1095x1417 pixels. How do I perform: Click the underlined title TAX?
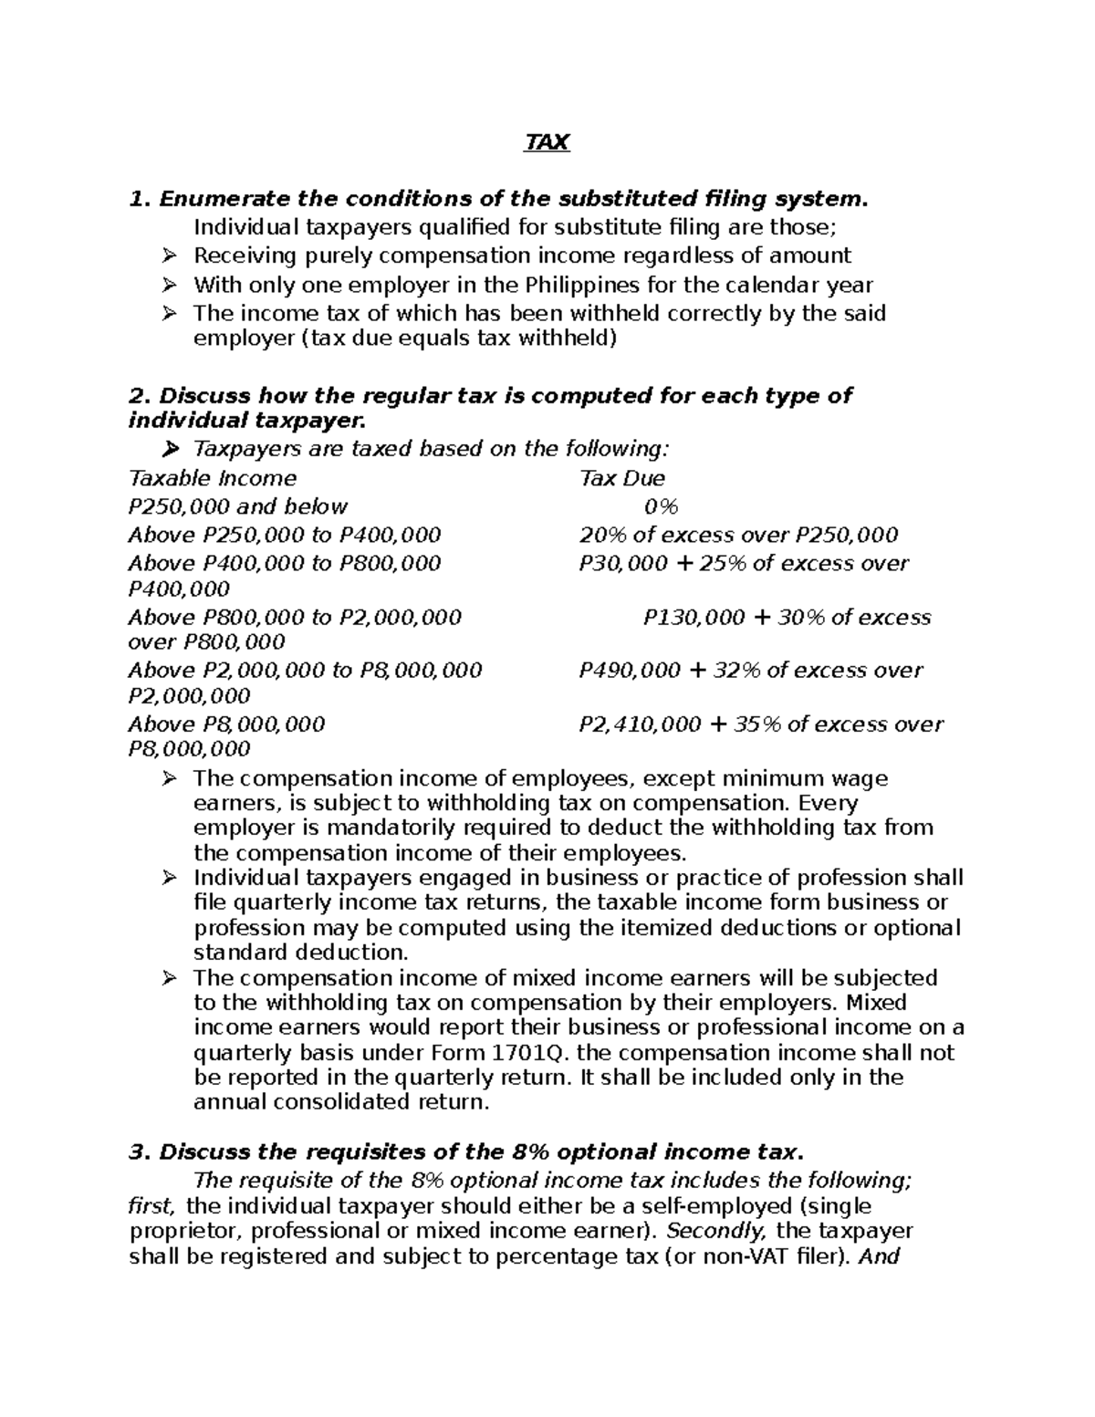547,143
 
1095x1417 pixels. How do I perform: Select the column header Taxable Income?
213,478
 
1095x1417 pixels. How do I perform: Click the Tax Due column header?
621,478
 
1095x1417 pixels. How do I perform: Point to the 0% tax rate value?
661,506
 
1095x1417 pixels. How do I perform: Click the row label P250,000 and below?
238,506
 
